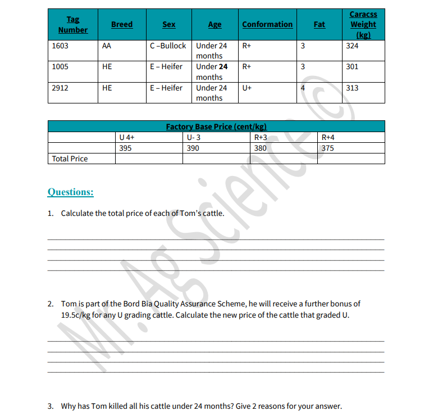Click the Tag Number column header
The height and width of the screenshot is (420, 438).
[73, 25]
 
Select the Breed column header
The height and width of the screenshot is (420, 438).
[122, 24]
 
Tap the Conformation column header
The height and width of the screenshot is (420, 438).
[267, 24]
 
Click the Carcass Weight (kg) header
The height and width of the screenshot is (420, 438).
[363, 24]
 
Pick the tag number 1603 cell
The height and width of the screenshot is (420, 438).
[60, 46]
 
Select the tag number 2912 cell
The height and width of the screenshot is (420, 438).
[60, 88]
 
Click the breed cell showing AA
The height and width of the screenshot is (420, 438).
[107, 46]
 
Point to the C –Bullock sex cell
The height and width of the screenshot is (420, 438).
[168, 46]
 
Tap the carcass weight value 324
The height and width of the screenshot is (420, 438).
[352, 46]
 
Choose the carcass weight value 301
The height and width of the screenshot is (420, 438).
[352, 66]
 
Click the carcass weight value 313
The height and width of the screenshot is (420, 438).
[352, 88]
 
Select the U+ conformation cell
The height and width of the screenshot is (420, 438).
[247, 88]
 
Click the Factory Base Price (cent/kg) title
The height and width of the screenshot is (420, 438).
[216, 127]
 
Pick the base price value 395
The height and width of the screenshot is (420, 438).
[126, 148]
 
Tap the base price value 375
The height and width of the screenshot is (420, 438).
[328, 148]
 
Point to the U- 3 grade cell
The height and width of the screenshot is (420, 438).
[194, 137]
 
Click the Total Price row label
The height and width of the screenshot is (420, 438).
[70, 159]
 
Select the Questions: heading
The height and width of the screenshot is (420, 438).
[71, 192]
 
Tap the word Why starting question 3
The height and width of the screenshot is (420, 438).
[69, 406]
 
